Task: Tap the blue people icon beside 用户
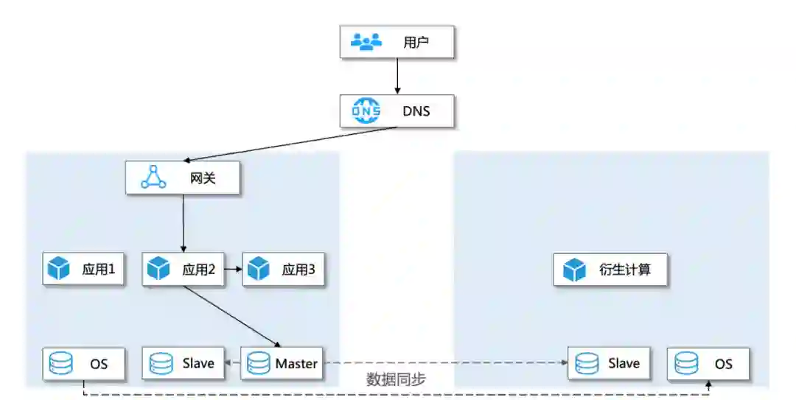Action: click(366, 42)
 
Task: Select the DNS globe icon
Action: click(366, 111)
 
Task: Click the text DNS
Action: click(416, 111)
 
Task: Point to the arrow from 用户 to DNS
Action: click(398, 77)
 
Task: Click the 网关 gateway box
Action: click(183, 178)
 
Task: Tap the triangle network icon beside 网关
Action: click(153, 178)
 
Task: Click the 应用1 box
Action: click(83, 270)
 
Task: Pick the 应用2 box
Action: click(183, 270)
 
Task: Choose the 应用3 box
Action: click(283, 270)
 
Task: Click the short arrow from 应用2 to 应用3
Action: click(233, 270)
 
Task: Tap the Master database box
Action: click(283, 363)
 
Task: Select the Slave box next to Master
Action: click(183, 363)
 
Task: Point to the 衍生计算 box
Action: click(612, 270)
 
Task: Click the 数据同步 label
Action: click(396, 380)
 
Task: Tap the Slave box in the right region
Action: click(609, 363)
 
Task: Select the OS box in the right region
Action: click(709, 363)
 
